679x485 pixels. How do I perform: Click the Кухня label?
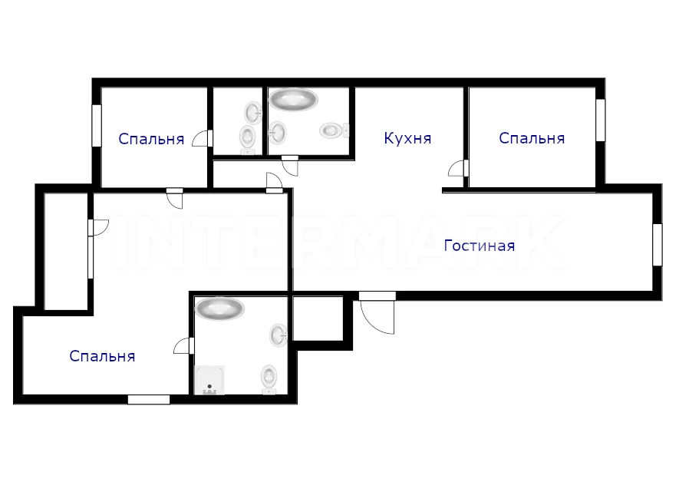pos(407,139)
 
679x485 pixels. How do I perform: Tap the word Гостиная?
pos(480,246)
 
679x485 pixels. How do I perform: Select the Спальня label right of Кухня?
pos(532,138)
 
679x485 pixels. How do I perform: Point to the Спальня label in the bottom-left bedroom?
pos(102,356)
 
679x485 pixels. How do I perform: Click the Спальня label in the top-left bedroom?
pos(152,139)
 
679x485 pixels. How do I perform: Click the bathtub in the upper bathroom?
pos(293,99)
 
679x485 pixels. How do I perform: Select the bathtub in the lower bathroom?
pos(219,308)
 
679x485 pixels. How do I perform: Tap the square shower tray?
pos(210,380)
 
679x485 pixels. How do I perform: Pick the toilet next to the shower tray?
pos(269,379)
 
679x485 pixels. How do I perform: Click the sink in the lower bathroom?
pos(279,335)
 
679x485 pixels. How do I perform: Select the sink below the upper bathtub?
pos(277,133)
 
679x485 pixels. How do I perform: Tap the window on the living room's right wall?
pos(658,245)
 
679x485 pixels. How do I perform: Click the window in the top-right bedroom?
pos(600,120)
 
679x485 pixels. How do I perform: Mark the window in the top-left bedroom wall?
pos(97,126)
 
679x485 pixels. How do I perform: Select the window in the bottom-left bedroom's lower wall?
pos(149,399)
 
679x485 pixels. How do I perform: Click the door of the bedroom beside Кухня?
pos(459,169)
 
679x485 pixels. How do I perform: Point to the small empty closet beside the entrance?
pos(318,318)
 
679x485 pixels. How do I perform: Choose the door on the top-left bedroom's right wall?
pos(203,138)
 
